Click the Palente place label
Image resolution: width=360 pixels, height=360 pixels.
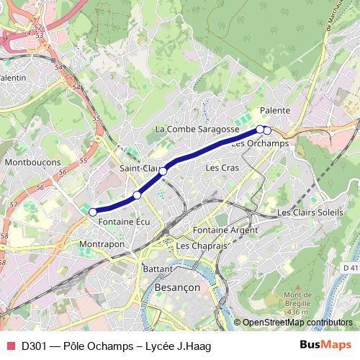pyautogui.click(x=275, y=110)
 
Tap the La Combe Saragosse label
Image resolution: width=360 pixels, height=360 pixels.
pyautogui.click(x=197, y=129)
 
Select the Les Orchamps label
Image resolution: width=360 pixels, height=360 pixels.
pyautogui.click(x=261, y=143)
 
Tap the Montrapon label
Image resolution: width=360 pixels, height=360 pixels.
pyautogui.click(x=102, y=244)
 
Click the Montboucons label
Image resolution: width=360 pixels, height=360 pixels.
pyautogui.click(x=32, y=163)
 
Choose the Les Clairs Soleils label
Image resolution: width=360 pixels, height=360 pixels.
pyautogui.click(x=310, y=212)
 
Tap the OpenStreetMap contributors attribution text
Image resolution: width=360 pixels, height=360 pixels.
pyautogui.click(x=297, y=323)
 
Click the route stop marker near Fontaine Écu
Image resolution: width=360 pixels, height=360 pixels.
pyautogui.click(x=92, y=212)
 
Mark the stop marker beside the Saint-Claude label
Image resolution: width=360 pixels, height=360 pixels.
pyautogui.click(x=163, y=171)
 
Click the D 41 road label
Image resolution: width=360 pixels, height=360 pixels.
pyautogui.click(x=351, y=268)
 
